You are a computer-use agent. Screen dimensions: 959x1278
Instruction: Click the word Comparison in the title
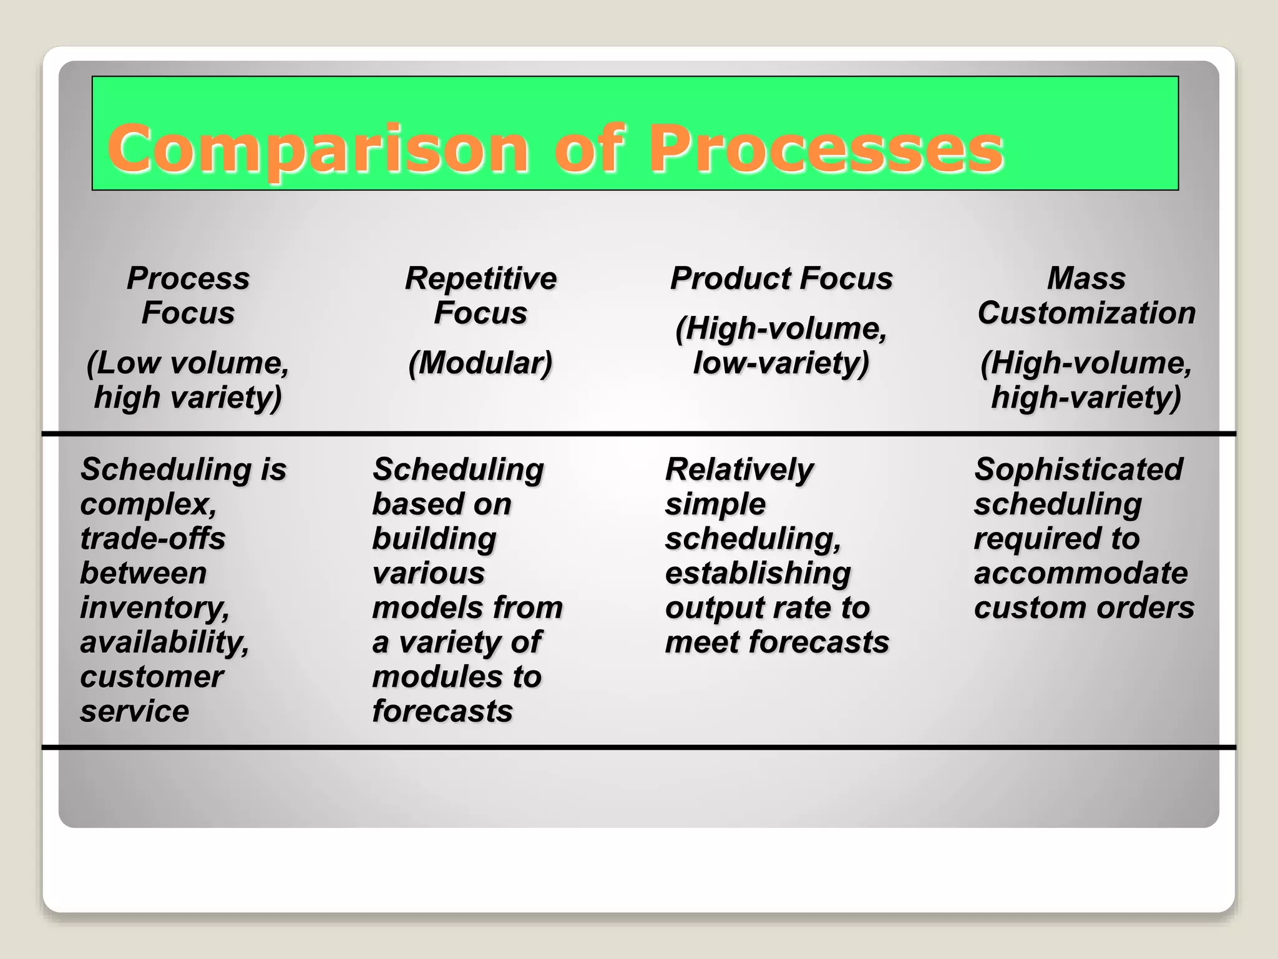point(318,150)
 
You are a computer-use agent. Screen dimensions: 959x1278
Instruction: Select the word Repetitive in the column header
point(480,278)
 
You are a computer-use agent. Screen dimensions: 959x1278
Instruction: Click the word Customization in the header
point(1086,313)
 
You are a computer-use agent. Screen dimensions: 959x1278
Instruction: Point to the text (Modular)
point(480,363)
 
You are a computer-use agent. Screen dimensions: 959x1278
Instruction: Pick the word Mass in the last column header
point(1086,278)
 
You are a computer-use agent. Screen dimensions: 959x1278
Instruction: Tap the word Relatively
point(739,470)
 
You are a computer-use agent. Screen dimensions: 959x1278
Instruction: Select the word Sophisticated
point(1078,470)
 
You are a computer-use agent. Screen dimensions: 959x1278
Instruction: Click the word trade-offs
point(153,539)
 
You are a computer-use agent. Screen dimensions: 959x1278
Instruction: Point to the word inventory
point(154,608)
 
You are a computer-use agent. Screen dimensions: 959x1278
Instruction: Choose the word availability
point(164,642)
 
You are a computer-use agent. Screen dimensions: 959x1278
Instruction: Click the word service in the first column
point(135,712)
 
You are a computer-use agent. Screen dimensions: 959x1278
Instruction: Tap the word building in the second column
point(434,539)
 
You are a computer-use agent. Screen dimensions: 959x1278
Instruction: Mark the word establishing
point(758,573)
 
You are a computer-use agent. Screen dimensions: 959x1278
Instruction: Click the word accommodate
point(1081,573)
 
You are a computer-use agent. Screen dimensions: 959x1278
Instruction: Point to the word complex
point(148,504)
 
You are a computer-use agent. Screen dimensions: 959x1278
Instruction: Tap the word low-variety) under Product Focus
point(781,363)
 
